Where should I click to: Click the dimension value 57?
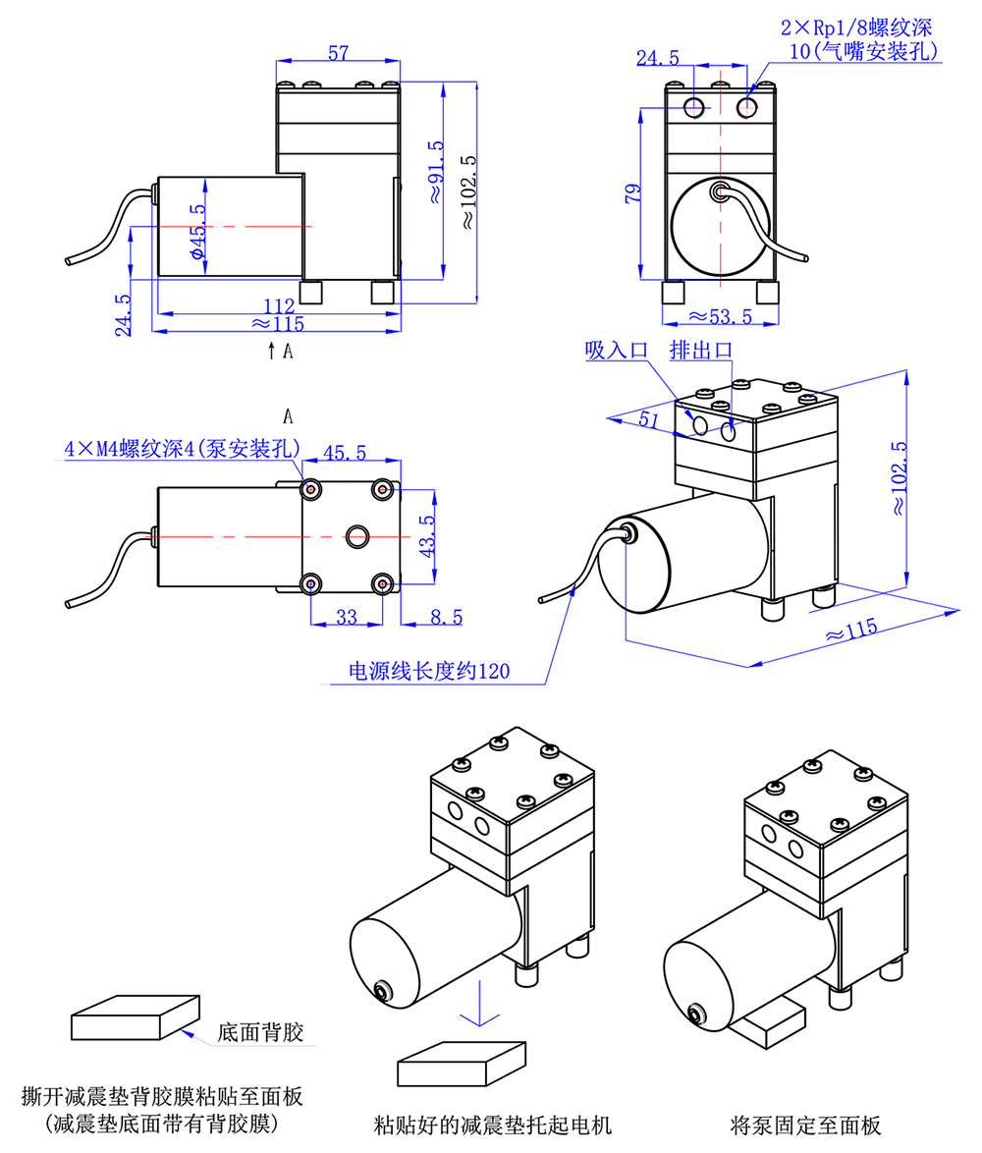pyautogui.click(x=338, y=54)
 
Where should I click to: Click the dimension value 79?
pyautogui.click(x=632, y=192)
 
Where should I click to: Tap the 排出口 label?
pyautogui.click(x=701, y=351)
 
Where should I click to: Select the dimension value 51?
pyautogui.click(x=648, y=419)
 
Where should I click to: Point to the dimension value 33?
pyautogui.click(x=347, y=617)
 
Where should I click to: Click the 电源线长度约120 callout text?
pyautogui.click(x=430, y=672)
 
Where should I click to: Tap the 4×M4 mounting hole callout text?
pyautogui.click(x=182, y=450)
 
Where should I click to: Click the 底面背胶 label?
pyautogui.click(x=260, y=1033)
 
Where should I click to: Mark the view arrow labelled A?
pyautogui.click(x=272, y=349)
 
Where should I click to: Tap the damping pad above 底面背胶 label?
pyautogui.click(x=135, y=1017)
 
